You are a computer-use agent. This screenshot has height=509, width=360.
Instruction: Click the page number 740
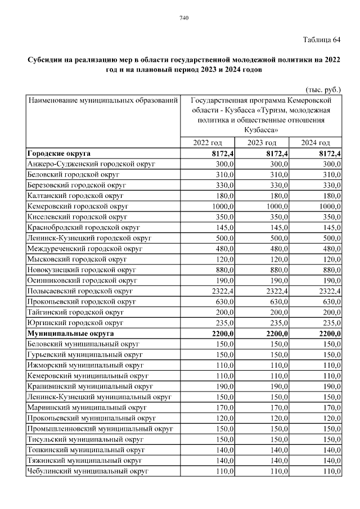pyautogui.click(x=183, y=19)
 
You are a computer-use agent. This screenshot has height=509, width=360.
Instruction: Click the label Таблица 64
pyautogui.click(x=321, y=39)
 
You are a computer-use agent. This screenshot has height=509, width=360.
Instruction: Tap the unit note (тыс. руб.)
pyautogui.click(x=323, y=89)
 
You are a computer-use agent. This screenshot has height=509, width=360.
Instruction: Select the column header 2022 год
pyautogui.click(x=207, y=143)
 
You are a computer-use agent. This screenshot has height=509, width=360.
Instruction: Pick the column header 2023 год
pyautogui.click(x=262, y=143)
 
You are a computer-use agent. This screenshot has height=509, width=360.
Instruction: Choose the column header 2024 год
pyautogui.click(x=315, y=143)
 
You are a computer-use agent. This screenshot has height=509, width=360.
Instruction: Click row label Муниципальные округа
pyautogui.click(x=70, y=334)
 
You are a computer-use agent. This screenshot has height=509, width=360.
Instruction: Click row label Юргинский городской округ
pyautogui.click(x=75, y=323)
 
